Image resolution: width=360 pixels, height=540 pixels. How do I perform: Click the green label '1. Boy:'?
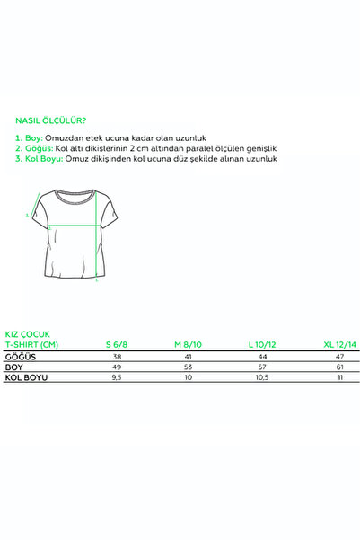[30, 137]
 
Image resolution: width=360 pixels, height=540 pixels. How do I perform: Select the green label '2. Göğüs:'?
[35, 147]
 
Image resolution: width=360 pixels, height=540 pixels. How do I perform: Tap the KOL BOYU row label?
[26, 378]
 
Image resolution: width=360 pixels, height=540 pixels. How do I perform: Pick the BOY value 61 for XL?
[338, 367]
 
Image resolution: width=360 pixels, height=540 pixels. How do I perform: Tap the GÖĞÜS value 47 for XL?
[338, 356]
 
